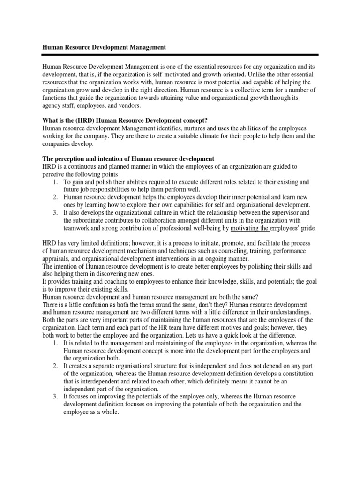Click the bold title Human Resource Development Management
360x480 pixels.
pyautogui.click(x=104, y=47)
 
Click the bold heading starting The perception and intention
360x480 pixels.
pyautogui.click(x=128, y=158)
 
